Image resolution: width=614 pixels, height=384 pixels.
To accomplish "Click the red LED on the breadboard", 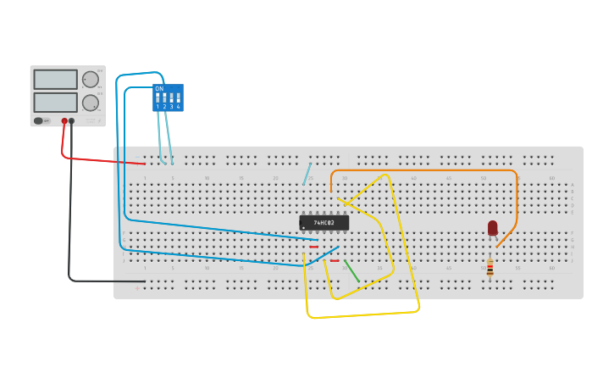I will coord(493,227).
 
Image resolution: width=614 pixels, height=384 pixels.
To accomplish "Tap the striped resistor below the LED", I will coord(490,267).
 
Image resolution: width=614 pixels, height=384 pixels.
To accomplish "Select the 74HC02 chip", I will coord(324,222).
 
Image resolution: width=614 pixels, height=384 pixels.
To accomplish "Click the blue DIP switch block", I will coord(168,97).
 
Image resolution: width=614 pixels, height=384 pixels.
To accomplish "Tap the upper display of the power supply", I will coord(56,79).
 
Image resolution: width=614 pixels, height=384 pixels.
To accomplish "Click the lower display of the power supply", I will coord(56,103).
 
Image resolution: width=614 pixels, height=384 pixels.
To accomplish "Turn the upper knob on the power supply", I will coord(91,80).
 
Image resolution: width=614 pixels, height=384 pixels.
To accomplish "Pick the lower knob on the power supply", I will coord(91,103).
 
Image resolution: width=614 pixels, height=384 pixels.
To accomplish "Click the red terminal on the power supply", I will coord(64,121).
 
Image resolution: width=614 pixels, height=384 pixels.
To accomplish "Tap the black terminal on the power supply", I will coord(71,121).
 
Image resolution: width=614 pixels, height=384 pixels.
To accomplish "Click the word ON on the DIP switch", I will coord(159,89).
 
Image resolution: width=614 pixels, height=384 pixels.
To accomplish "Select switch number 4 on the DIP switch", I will coord(178,98).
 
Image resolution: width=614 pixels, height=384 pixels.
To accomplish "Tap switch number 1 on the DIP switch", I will coord(158,98).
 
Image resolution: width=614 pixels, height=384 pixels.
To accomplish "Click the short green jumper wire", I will coord(351,271).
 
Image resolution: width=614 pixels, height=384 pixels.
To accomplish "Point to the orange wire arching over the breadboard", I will coord(423,170).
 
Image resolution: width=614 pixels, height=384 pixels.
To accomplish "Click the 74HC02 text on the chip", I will coord(324,223).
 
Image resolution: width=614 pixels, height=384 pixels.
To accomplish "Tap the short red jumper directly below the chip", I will coord(314,247).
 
